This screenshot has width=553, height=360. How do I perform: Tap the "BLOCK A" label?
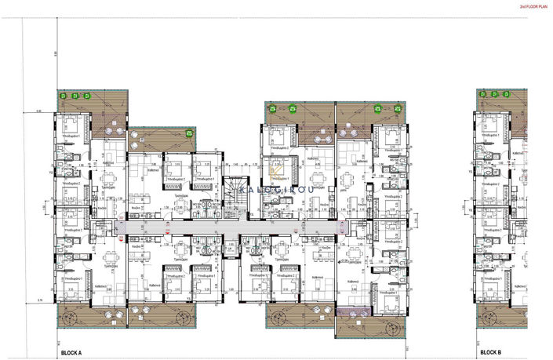coord(72,354)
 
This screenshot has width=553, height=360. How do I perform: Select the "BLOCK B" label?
coord(490,354)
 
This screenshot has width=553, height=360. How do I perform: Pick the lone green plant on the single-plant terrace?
coord(188,134)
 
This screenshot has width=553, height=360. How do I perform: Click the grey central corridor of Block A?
coord(227,226)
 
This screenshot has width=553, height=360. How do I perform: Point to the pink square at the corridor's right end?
coord(340,226)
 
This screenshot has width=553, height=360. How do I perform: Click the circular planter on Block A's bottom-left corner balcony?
coord(70,318)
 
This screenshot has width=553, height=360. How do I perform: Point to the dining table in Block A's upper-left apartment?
coord(110,179)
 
